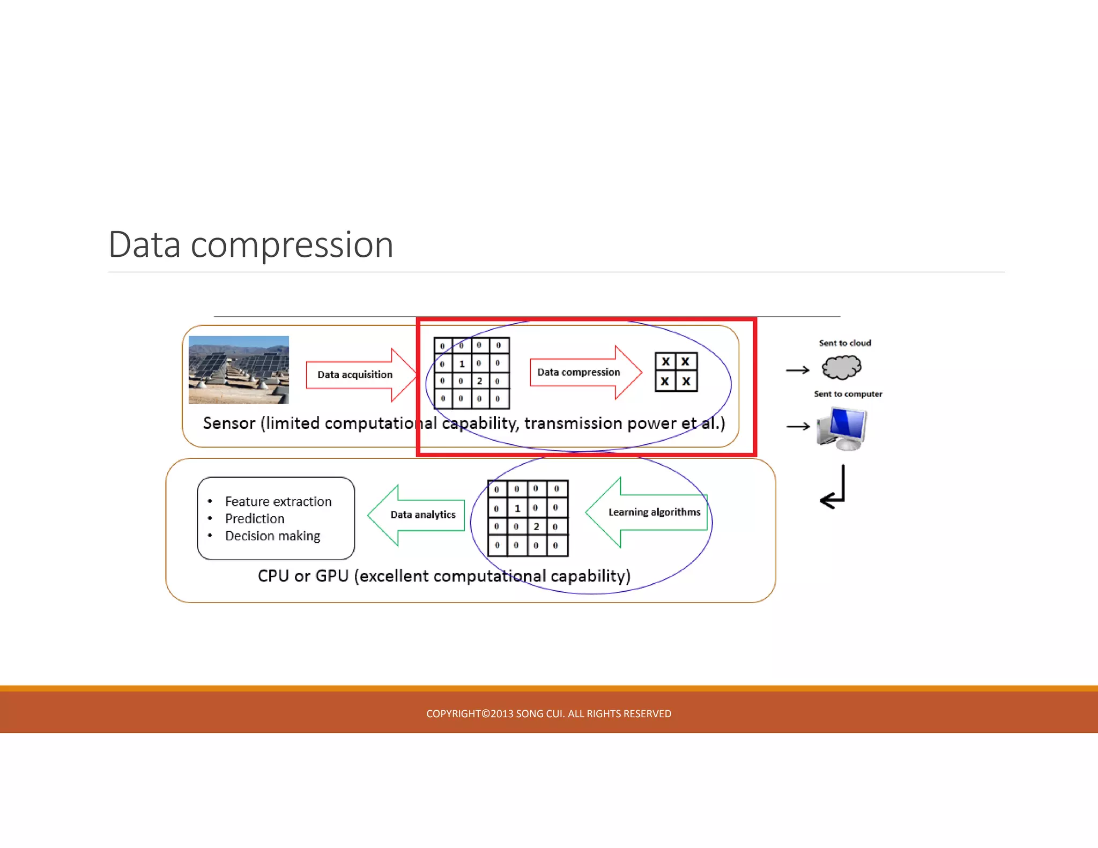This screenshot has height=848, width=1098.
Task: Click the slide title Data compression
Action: (x=251, y=245)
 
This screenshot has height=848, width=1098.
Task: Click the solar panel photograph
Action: (x=239, y=370)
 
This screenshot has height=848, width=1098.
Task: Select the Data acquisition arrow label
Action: (x=354, y=375)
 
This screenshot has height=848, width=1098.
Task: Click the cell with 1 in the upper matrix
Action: (x=462, y=363)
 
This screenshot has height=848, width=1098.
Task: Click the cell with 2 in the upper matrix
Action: (x=480, y=381)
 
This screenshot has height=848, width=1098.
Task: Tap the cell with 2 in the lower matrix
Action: (x=536, y=526)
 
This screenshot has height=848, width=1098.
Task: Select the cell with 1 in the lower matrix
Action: (x=517, y=508)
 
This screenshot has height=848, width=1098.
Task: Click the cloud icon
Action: (x=841, y=368)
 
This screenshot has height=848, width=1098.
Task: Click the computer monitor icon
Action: (x=842, y=428)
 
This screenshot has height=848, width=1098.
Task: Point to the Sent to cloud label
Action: (x=845, y=343)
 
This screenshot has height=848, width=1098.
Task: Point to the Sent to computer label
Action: (x=848, y=394)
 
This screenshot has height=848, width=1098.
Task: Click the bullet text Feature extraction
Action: (x=278, y=502)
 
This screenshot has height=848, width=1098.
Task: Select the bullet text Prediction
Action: (x=255, y=519)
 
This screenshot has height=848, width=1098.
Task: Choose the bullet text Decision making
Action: (x=272, y=536)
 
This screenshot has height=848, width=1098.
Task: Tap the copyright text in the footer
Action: (x=548, y=713)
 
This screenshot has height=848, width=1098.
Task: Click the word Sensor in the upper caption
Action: (x=229, y=423)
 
